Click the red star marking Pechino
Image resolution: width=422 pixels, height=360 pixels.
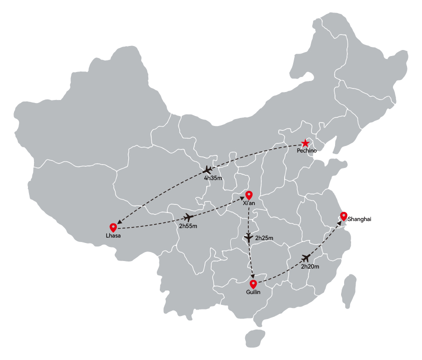(305, 143)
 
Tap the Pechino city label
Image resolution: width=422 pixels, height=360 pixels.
(307, 151)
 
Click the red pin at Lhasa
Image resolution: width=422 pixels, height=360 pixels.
(113, 227)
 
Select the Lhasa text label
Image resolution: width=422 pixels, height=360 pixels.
(113, 236)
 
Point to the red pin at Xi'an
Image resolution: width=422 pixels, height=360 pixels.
(249, 195)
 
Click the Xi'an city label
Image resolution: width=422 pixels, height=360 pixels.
(249, 203)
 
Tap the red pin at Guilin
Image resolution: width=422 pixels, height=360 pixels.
(253, 284)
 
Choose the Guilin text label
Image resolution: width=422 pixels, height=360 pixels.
(253, 292)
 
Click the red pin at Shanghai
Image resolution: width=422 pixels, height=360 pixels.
(344, 216)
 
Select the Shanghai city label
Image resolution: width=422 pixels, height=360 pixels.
(359, 219)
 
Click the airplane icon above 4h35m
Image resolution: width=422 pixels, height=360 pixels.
(207, 170)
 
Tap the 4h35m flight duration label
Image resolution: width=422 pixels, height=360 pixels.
(213, 178)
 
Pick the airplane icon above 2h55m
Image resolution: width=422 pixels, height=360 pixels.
(189, 217)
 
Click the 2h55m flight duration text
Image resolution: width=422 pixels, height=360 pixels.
(188, 226)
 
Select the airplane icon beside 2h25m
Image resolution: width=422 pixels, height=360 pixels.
(248, 237)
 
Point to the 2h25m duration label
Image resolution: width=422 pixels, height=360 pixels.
(264, 238)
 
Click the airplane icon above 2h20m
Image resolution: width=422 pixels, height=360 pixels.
(306, 258)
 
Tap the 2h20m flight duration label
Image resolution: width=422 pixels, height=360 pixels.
(310, 266)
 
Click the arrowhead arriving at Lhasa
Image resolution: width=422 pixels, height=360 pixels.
(119, 222)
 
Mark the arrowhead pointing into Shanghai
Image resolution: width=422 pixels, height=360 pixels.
(339, 223)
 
